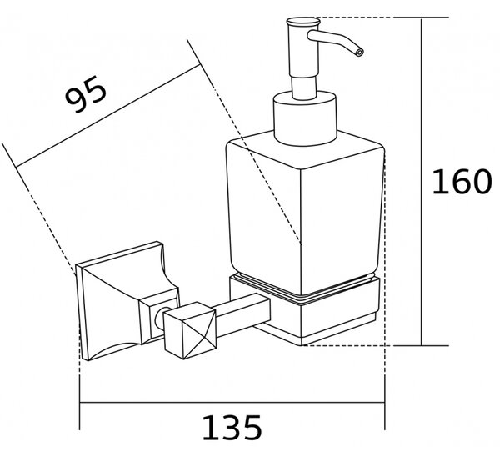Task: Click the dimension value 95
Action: (86, 94)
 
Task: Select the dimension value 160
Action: (462, 182)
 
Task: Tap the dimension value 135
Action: (232, 428)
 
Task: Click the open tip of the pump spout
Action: (359, 53)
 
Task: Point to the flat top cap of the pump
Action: (303, 22)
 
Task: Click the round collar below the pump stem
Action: (305, 118)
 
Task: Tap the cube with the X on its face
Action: (190, 330)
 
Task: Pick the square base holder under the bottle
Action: (304, 309)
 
